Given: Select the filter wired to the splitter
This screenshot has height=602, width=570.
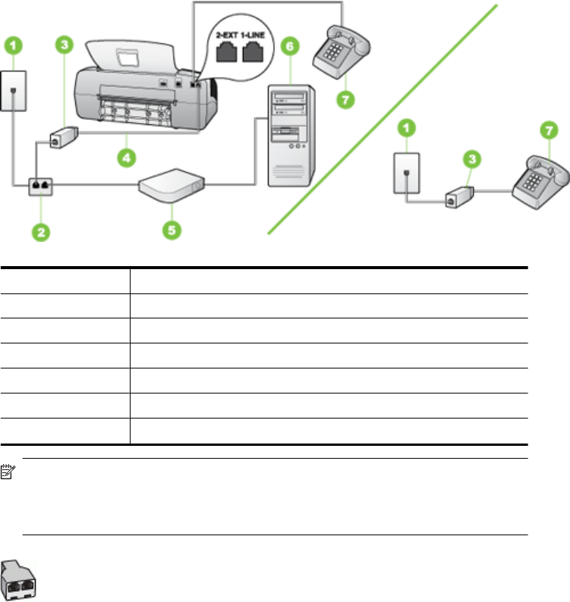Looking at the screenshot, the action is coord(61,139).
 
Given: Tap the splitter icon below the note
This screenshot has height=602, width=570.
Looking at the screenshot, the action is coord(20,581).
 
